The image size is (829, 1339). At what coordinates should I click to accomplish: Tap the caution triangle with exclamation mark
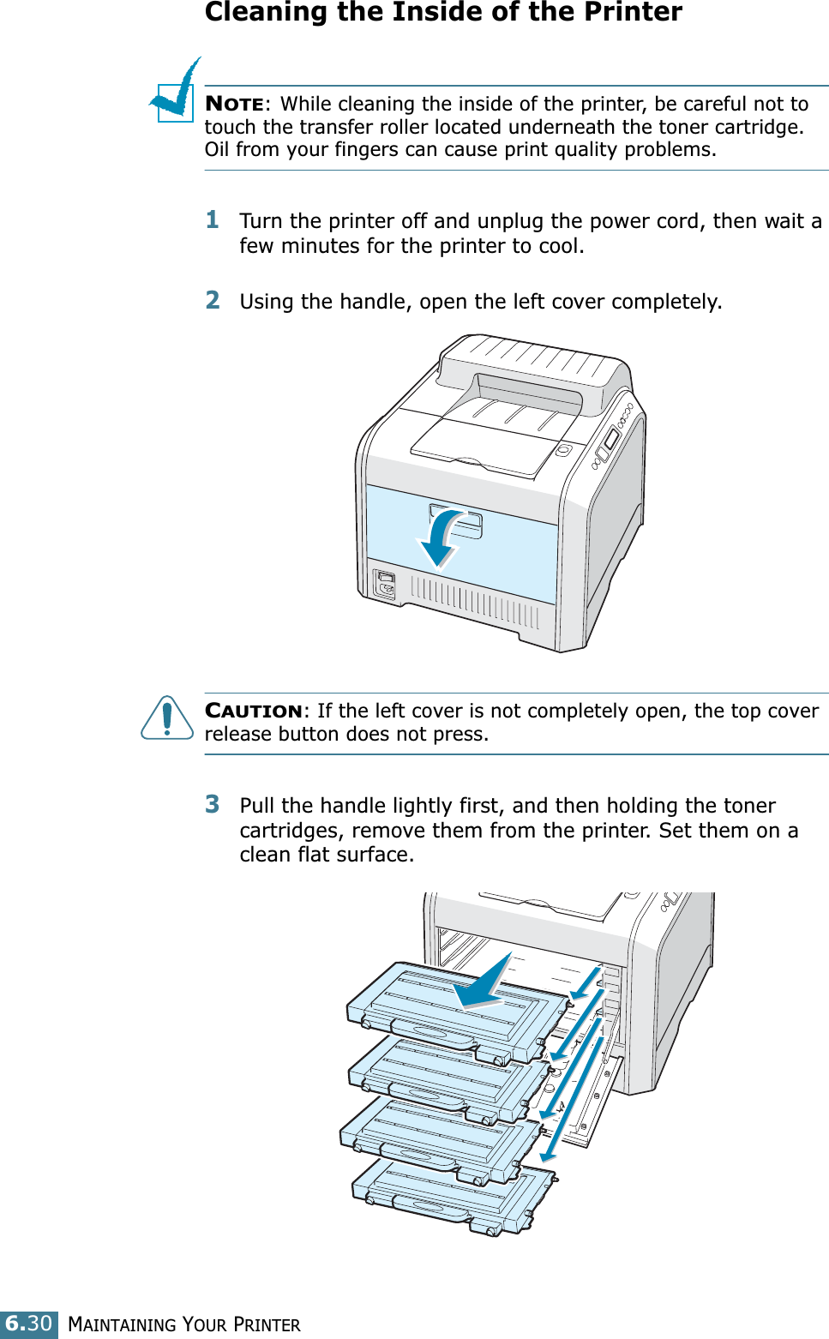pyautogui.click(x=166, y=718)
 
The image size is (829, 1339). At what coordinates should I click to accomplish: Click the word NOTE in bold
pyautogui.click(x=234, y=105)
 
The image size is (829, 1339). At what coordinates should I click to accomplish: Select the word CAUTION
pyautogui.click(x=254, y=712)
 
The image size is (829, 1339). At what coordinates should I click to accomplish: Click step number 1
pyautogui.click(x=213, y=220)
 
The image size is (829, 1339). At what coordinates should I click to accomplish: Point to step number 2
pyautogui.click(x=213, y=300)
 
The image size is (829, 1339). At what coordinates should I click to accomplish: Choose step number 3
pyautogui.click(x=213, y=804)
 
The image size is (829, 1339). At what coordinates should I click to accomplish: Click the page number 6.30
pyautogui.click(x=29, y=1324)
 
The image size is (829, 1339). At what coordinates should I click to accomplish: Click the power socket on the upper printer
pyautogui.click(x=385, y=584)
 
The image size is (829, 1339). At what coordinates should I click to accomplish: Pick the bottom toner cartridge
pyautogui.click(x=454, y=1196)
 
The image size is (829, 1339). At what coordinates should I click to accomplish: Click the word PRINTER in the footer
pyautogui.click(x=267, y=1325)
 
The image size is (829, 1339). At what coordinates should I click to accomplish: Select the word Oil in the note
pyautogui.click(x=218, y=150)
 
